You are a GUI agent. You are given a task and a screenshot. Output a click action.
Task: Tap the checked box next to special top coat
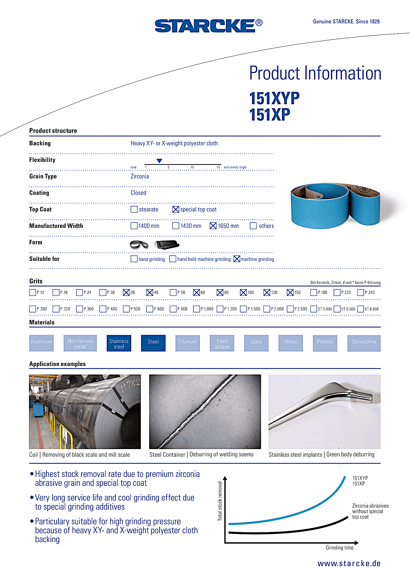176,209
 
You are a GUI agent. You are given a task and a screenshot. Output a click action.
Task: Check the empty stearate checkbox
134,209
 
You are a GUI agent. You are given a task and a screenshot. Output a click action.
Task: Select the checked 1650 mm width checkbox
213,226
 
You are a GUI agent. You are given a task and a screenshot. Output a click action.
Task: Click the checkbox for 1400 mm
134,226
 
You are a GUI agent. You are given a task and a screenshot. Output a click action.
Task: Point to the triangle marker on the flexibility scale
159,161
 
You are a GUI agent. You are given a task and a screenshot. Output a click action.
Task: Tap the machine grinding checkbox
236,259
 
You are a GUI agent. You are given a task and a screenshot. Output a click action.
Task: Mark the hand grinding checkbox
134,259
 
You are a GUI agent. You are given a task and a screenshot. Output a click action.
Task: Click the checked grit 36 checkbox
126,292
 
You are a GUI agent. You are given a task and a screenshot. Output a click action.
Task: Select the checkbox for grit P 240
360,292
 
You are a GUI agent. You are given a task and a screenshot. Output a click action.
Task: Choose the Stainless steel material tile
119,343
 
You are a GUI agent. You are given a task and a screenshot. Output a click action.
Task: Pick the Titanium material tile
187,343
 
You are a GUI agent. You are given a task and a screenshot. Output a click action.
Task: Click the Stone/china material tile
364,343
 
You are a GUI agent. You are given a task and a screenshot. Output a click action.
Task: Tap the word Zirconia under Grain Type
140,176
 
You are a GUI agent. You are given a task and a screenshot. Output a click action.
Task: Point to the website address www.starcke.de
349,563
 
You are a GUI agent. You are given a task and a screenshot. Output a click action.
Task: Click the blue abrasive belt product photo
335,206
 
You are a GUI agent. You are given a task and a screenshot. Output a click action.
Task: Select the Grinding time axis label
339,548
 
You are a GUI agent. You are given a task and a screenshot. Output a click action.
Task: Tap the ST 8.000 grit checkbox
360,309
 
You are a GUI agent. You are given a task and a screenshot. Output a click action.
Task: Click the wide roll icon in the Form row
167,245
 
